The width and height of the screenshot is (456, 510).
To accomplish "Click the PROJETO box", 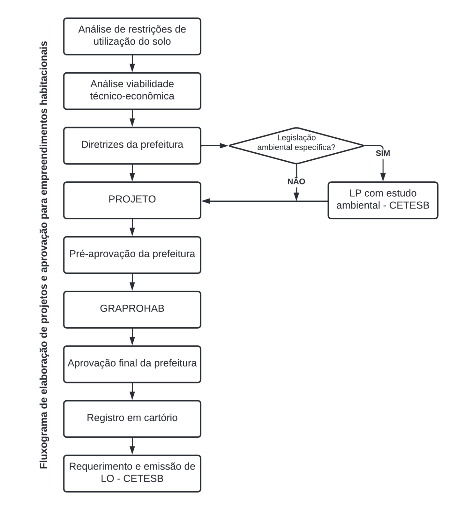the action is click(x=132, y=200).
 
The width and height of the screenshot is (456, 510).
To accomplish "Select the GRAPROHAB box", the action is click(x=132, y=310).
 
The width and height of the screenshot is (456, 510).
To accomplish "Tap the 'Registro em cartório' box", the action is click(x=132, y=419).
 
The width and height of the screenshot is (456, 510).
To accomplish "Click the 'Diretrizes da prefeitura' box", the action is click(x=132, y=146).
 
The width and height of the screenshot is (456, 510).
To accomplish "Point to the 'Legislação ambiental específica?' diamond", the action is click(x=296, y=146).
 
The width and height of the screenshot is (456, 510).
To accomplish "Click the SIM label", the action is click(x=383, y=153).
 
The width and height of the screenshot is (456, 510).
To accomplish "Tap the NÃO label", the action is click(x=296, y=181).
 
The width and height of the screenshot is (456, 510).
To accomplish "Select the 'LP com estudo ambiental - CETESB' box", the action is click(x=383, y=200).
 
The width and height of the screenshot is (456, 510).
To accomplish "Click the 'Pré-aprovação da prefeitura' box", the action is click(x=132, y=255).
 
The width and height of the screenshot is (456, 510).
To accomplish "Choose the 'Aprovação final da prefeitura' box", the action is click(x=132, y=364).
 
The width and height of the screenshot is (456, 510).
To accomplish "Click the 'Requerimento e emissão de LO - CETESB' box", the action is click(x=132, y=474).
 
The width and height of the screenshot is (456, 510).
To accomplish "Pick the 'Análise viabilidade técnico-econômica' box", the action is click(x=132, y=91).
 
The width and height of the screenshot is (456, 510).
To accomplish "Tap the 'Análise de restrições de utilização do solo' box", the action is click(x=132, y=36).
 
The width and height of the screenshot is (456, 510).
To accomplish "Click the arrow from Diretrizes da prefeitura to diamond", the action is click(x=215, y=146).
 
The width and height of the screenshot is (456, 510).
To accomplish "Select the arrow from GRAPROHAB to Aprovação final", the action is click(x=132, y=337).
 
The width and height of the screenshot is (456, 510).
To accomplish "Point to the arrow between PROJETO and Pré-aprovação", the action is click(x=132, y=228).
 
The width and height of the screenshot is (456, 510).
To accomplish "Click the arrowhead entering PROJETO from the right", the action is click(x=206, y=201).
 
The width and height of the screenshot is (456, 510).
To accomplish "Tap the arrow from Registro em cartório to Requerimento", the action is click(x=132, y=446).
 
